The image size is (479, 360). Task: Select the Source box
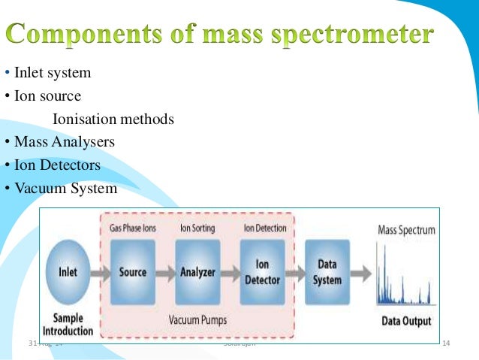pyautogui.click(x=133, y=271)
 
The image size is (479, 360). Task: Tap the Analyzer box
pyautogui.click(x=197, y=271)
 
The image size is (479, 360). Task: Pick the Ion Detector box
pyautogui.click(x=262, y=271)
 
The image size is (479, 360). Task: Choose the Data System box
pyautogui.click(x=327, y=271)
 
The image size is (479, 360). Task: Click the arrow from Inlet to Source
pyautogui.click(x=100, y=271)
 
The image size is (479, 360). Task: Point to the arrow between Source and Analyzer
pyautogui.click(x=165, y=271)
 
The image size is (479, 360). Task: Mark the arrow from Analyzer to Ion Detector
pyautogui.click(x=230, y=271)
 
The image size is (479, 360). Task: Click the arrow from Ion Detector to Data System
pyautogui.click(x=295, y=271)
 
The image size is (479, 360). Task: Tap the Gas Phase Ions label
pyautogui.click(x=133, y=227)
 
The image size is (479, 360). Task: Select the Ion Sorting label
pyautogui.click(x=197, y=227)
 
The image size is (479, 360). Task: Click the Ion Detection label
pyautogui.click(x=262, y=227)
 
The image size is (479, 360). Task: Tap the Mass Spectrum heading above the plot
pyautogui.click(x=405, y=230)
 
